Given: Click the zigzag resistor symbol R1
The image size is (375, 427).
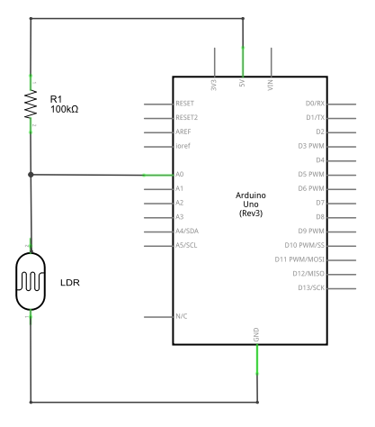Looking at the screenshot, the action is pyautogui.click(x=31, y=104).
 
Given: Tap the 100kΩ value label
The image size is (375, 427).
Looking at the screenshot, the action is pyautogui.click(x=65, y=109).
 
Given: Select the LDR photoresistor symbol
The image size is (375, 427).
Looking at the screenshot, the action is pyautogui.click(x=31, y=281).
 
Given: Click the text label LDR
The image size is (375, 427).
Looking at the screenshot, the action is pyautogui.click(x=70, y=283).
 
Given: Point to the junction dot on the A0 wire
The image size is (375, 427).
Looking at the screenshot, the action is pyautogui.click(x=31, y=175).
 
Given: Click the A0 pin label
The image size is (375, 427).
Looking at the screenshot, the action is pyautogui.click(x=180, y=174).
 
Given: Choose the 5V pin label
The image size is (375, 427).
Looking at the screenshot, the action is pyautogui.click(x=242, y=83).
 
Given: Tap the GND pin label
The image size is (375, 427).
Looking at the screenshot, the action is pyautogui.click(x=256, y=334).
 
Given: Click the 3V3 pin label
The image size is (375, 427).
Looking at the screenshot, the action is pyautogui.click(x=214, y=85).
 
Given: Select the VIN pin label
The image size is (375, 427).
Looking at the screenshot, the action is pyautogui.click(x=271, y=85).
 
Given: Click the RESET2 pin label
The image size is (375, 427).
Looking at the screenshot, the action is pyautogui.click(x=187, y=117).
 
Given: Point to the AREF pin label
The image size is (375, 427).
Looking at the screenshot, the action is pyautogui.click(x=183, y=132).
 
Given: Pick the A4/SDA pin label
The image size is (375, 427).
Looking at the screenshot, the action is pyautogui.click(x=187, y=231).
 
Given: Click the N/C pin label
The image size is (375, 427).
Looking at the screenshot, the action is pyautogui.click(x=182, y=316).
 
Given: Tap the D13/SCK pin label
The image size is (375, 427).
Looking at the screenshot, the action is pyautogui.click(x=311, y=287).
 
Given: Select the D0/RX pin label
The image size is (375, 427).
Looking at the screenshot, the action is pyautogui.click(x=315, y=104).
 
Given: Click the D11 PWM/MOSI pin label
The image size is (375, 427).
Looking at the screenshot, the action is pyautogui.click(x=299, y=259).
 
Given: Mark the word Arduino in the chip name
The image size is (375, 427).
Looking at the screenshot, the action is pyautogui.click(x=251, y=195).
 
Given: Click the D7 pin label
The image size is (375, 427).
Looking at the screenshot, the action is pyautogui.click(x=320, y=203).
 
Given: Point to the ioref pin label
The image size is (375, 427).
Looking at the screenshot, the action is pyautogui.click(x=183, y=146).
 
